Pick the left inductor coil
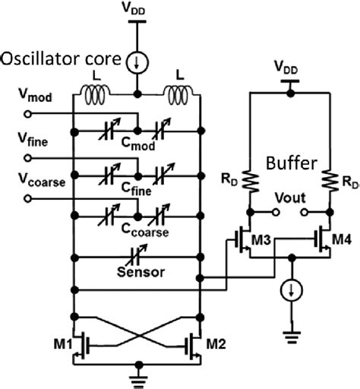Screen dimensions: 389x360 tap(97, 97)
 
